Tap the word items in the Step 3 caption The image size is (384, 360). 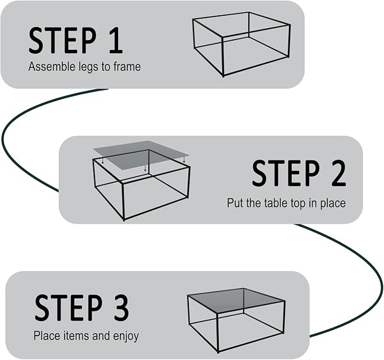coord(74,336)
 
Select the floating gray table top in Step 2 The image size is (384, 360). coord(141,154)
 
